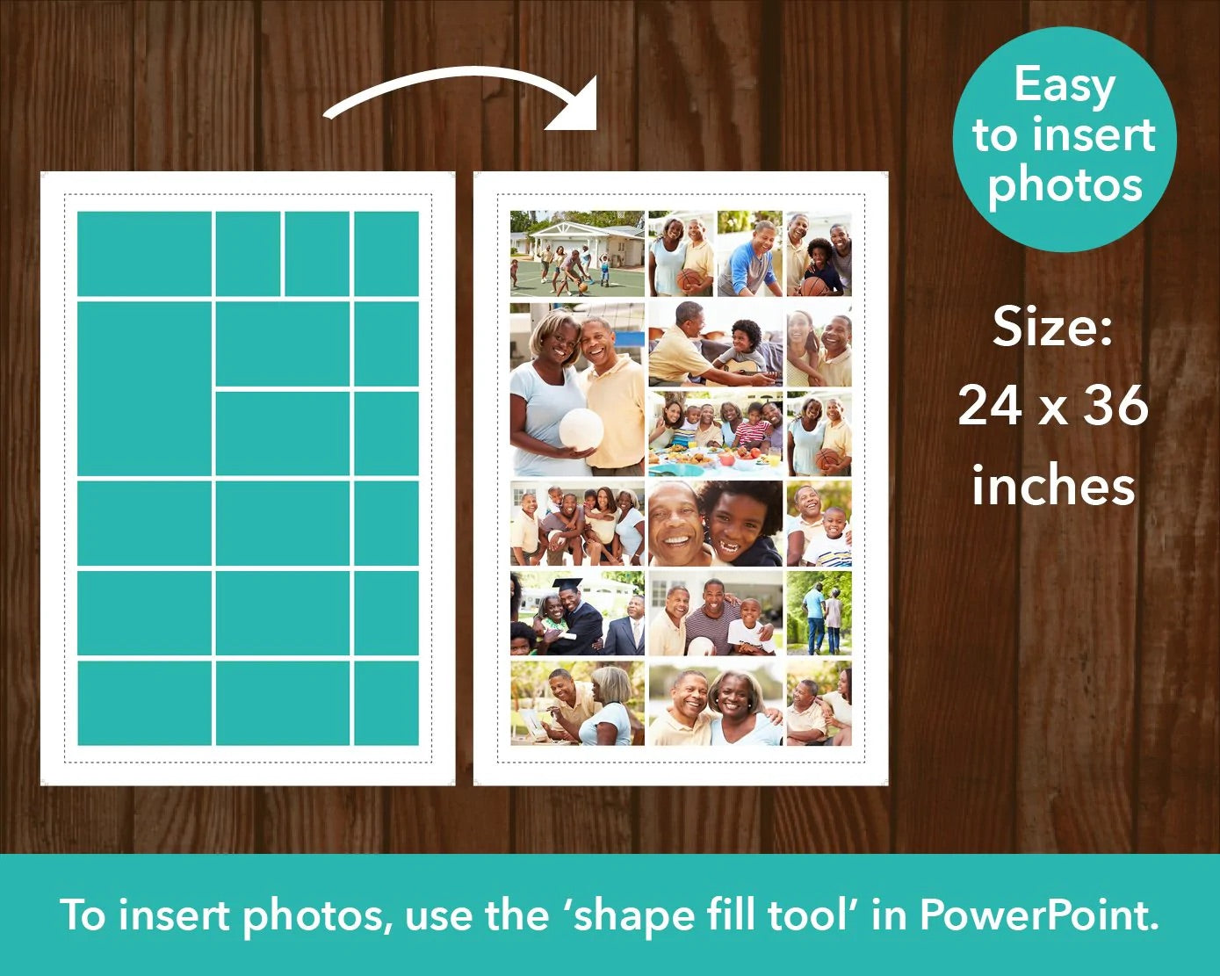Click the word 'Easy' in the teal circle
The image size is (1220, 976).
pos(1065,86)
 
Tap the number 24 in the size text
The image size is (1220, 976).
pos(993,405)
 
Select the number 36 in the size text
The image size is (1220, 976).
pos(1115,405)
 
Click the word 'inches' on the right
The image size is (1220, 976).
pos(1053,486)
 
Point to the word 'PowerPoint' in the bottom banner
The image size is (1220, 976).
pos(1038,915)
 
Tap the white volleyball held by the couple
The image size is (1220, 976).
pos(581,430)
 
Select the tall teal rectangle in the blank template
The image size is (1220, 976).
pos(144,389)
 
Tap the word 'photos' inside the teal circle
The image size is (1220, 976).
pos(1065,186)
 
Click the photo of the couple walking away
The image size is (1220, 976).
pos(819,612)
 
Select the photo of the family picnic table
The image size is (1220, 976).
pos(716,434)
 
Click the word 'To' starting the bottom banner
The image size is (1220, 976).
pos(83,915)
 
